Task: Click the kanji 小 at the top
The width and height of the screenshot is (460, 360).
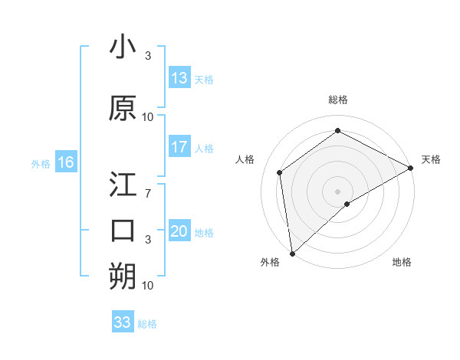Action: tap(123, 48)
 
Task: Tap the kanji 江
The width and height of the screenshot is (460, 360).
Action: tap(123, 186)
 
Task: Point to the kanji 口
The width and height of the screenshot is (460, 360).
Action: tap(123, 230)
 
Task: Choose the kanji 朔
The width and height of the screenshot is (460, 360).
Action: tap(123, 276)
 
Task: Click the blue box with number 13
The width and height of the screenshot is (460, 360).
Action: tap(179, 77)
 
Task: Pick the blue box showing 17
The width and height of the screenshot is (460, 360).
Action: tap(179, 147)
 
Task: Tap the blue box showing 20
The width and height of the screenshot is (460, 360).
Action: tap(179, 231)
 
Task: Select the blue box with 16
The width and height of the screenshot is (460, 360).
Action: tap(65, 162)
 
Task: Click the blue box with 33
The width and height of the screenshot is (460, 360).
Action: tap(123, 322)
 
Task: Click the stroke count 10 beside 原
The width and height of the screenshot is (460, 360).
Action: tap(148, 116)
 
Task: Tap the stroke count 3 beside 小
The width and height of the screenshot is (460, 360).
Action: tap(148, 55)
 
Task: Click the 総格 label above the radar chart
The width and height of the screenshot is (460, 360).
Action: tap(338, 100)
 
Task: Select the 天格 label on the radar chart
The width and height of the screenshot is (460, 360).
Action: tap(431, 159)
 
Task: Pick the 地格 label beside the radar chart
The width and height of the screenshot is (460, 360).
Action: tap(402, 262)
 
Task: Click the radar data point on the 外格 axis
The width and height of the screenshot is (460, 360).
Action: tap(292, 253)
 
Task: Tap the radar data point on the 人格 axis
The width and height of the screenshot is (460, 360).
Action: tap(280, 172)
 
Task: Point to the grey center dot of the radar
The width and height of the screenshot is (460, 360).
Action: tap(338, 191)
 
